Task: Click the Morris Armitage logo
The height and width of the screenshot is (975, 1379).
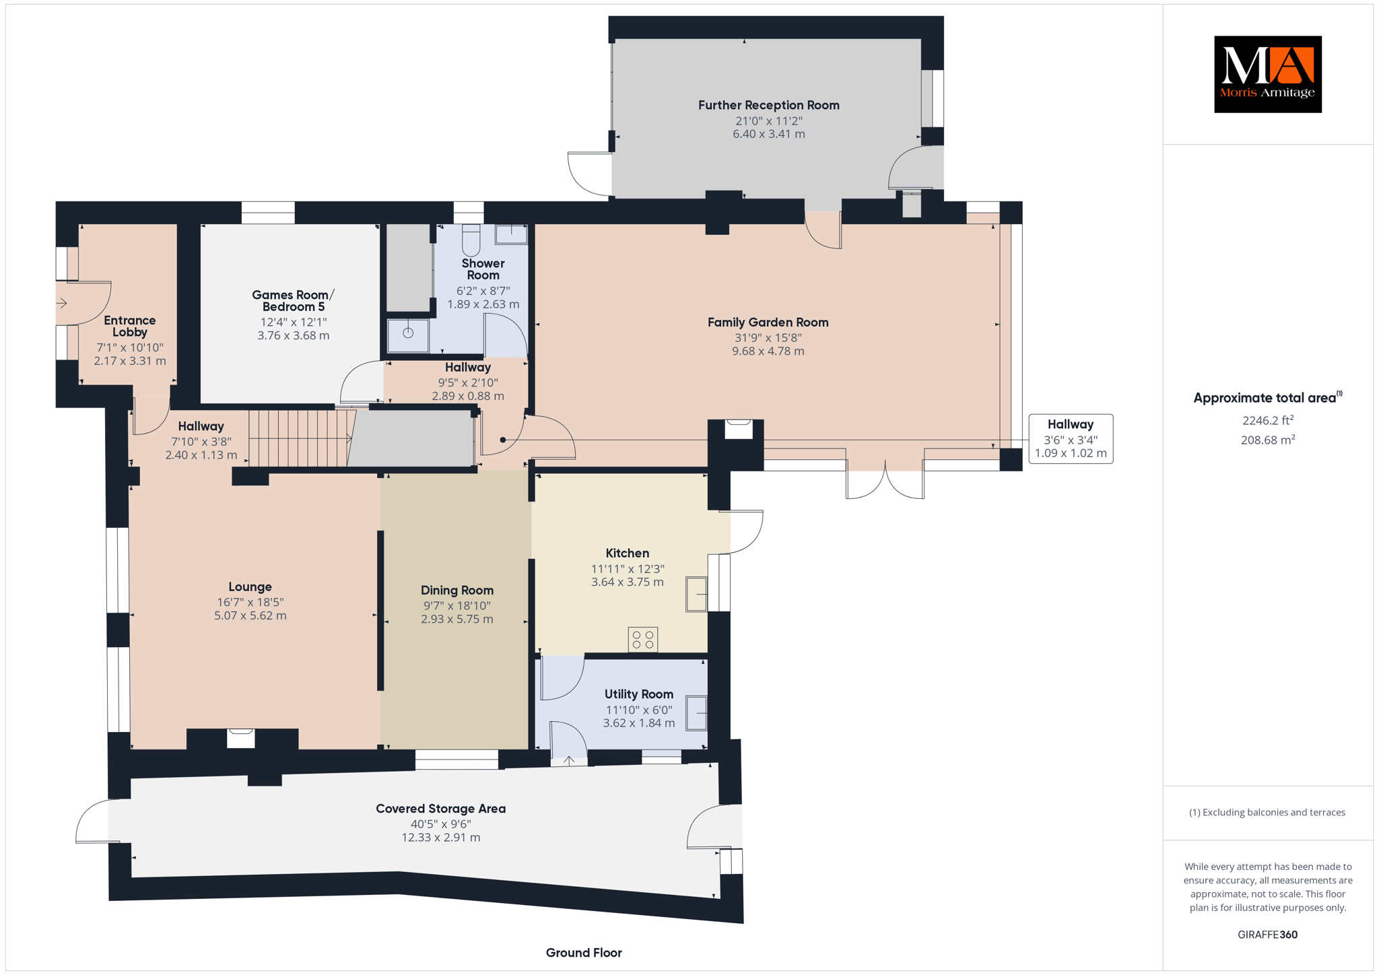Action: pyautogui.click(x=1267, y=74)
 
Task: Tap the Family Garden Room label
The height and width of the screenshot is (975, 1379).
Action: pyautogui.click(x=768, y=323)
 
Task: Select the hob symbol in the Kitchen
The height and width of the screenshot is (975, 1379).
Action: pyautogui.click(x=643, y=640)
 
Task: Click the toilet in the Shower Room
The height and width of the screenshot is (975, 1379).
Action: pyautogui.click(x=471, y=240)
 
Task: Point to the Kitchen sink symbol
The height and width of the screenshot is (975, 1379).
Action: pyautogui.click(x=697, y=594)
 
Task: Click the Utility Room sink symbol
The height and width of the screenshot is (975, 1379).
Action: pyautogui.click(x=697, y=713)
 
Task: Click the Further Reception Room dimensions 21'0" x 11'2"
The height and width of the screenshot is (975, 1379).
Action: pyautogui.click(x=768, y=121)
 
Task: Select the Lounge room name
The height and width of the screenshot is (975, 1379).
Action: pyautogui.click(x=250, y=587)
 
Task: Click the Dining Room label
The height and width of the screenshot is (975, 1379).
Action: pyautogui.click(x=457, y=591)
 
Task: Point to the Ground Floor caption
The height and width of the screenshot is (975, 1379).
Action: pyautogui.click(x=584, y=953)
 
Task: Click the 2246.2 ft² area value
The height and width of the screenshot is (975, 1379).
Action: pyautogui.click(x=1268, y=420)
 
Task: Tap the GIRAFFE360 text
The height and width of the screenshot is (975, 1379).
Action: pyautogui.click(x=1268, y=935)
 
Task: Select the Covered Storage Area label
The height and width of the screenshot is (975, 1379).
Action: pyautogui.click(x=440, y=809)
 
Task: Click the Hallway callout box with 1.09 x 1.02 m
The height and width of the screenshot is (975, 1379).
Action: pyautogui.click(x=1071, y=438)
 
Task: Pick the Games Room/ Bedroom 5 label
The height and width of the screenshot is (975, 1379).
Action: pyautogui.click(x=293, y=300)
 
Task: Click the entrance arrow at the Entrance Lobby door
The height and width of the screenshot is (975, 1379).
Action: pyautogui.click(x=62, y=303)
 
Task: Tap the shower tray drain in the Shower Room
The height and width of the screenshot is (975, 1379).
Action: pyautogui.click(x=408, y=333)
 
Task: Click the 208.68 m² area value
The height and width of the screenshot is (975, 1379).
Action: pyautogui.click(x=1268, y=440)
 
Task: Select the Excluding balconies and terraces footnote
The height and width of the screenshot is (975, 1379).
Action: pyautogui.click(x=1267, y=812)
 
